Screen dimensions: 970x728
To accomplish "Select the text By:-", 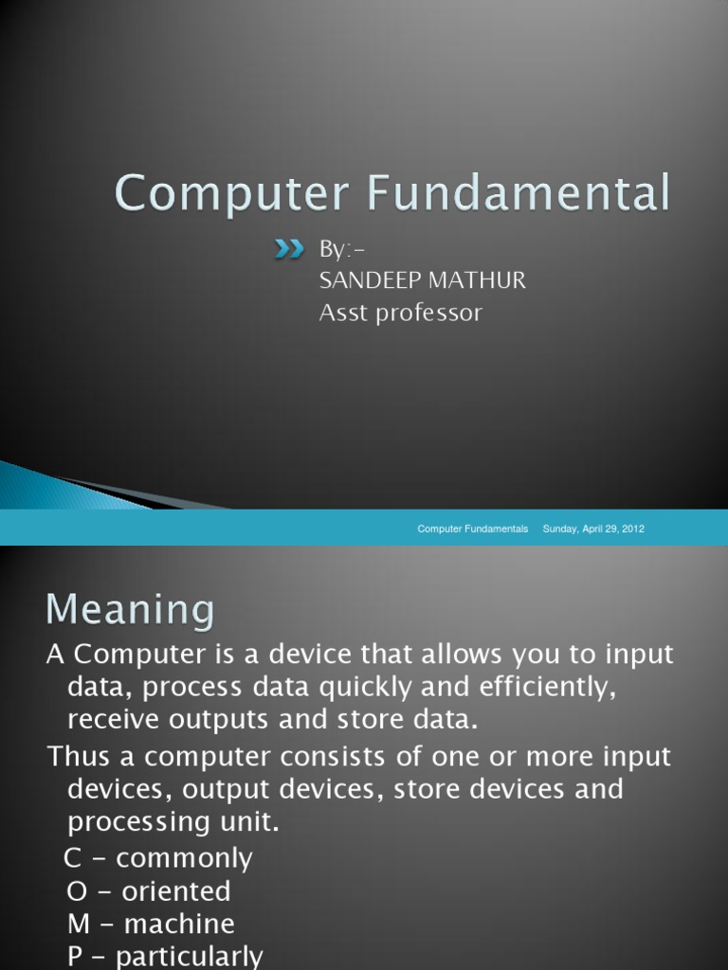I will [x=341, y=250].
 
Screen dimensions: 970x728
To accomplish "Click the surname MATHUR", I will [x=481, y=281].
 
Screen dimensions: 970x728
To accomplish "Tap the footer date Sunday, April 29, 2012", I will [x=593, y=529].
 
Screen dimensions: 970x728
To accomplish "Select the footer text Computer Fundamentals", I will [x=473, y=529].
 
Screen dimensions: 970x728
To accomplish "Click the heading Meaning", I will [x=130, y=609].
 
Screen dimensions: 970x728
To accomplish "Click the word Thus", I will [x=82, y=757].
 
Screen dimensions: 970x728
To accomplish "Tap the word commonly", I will [x=184, y=859].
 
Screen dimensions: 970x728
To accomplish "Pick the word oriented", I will [x=173, y=891].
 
